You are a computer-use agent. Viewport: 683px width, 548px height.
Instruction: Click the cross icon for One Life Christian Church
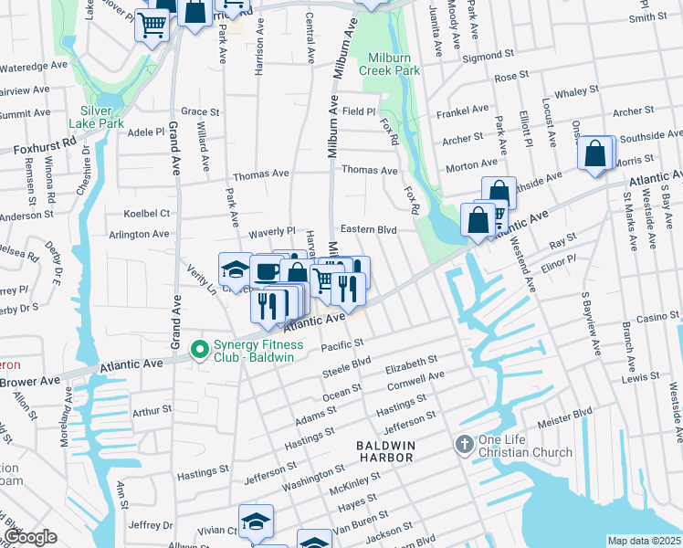[x=464, y=445]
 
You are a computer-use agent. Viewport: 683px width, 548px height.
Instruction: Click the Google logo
[x=30, y=537]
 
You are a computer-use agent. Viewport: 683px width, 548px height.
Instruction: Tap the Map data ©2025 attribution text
[x=644, y=541]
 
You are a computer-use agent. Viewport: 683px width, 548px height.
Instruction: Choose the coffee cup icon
[x=267, y=272]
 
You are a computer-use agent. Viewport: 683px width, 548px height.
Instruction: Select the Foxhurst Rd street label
[x=45, y=146]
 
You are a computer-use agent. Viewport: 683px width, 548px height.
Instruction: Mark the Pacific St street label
[x=341, y=345]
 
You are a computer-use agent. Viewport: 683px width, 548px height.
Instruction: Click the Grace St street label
[x=201, y=111]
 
